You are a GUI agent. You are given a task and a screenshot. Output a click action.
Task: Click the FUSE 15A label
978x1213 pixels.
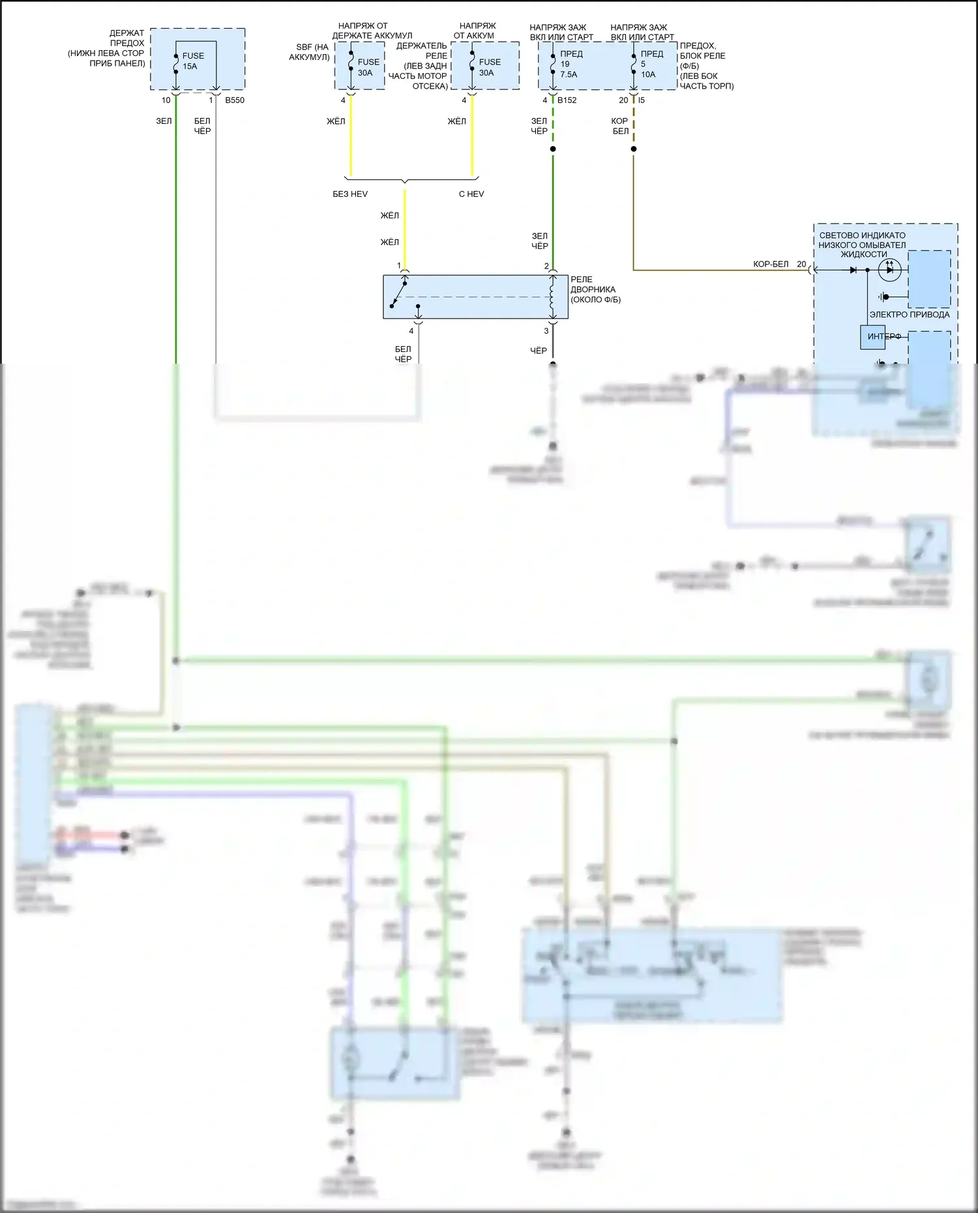[x=193, y=61]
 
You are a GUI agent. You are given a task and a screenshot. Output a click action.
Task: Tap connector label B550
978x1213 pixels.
[x=235, y=100]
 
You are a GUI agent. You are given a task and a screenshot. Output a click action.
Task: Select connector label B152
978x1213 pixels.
[x=567, y=100]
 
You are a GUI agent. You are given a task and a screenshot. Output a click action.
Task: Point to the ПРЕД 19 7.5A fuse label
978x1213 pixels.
[x=569, y=64]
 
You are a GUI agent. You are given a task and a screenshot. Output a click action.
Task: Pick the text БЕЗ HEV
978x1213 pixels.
[x=350, y=194]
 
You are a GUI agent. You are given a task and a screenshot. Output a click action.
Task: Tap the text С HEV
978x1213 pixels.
[x=471, y=194]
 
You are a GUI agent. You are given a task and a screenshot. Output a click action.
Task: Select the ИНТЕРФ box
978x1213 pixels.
[x=873, y=337]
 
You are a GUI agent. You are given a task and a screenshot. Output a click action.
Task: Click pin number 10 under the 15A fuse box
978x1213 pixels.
[x=166, y=100]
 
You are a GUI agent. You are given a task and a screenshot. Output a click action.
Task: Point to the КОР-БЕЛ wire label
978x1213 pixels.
[x=771, y=265]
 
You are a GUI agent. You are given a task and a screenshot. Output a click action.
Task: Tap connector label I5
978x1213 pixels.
[x=642, y=100]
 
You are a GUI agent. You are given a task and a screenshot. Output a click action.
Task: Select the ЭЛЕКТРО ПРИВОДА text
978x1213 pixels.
[x=910, y=315]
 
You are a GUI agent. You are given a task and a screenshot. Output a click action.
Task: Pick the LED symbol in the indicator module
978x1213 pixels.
[x=889, y=269]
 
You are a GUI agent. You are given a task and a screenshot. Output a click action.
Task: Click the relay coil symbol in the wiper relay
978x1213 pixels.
[x=552, y=297]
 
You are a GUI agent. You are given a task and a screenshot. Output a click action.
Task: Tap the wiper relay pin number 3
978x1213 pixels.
[x=546, y=331]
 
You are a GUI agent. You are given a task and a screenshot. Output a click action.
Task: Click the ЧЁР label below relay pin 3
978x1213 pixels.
[x=539, y=351]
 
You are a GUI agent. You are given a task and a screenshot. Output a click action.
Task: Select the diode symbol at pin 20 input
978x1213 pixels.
[x=853, y=270]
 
